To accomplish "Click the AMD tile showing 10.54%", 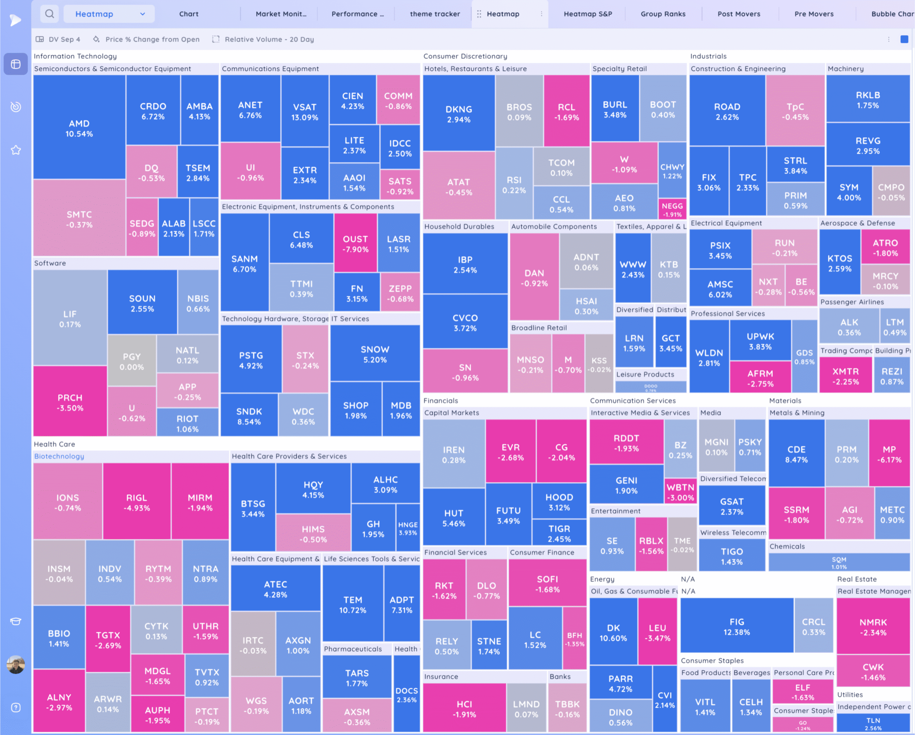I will point(79,128).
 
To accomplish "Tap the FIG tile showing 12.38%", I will point(736,626).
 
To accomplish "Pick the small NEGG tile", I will point(672,209).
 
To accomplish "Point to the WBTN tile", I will point(680,492).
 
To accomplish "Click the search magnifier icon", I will point(50,14).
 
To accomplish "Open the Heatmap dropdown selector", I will point(109,14).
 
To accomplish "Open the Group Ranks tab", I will point(663,14).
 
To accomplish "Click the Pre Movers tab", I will point(813,14).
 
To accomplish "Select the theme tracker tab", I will point(435,14).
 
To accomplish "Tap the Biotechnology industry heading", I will point(59,456).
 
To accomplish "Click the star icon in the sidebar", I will point(16,150).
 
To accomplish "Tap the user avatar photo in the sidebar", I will point(16,665).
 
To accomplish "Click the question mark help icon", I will point(16,707).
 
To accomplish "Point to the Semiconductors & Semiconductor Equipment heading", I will point(113,69).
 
